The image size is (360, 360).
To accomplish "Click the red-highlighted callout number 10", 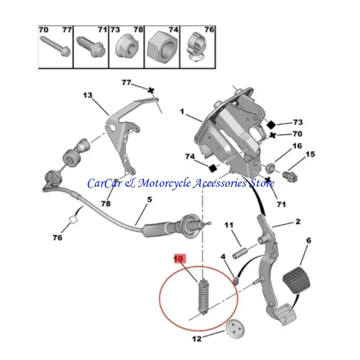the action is point(180,258).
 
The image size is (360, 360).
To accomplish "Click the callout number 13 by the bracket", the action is point(87,95).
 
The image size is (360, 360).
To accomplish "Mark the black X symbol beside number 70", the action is point(272,135).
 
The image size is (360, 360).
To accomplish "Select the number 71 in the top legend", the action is point(102,30).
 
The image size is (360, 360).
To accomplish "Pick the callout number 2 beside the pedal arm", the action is point(297,221).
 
